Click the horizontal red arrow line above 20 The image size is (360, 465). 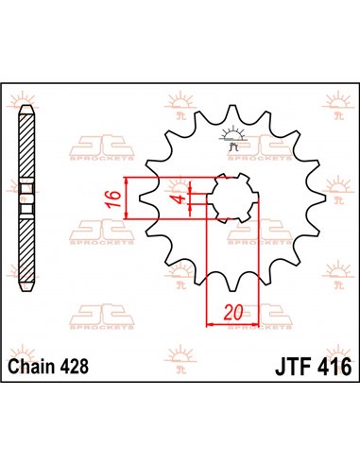coord(232,323)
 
